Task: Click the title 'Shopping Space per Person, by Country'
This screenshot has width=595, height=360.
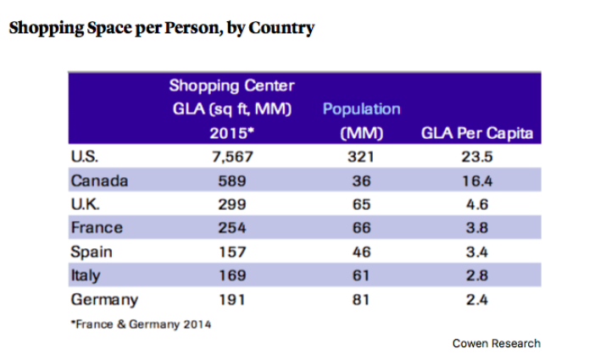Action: (x=161, y=28)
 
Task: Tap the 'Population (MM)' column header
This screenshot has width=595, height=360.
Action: (x=362, y=121)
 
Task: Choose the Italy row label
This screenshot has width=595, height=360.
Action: (x=86, y=275)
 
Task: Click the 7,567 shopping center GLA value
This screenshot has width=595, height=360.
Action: (x=231, y=156)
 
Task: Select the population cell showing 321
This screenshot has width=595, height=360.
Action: (x=362, y=156)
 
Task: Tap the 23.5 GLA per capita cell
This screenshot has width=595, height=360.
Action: (x=480, y=156)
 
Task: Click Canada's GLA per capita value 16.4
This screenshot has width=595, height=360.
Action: (x=480, y=180)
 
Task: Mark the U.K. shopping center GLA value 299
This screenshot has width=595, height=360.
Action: (x=231, y=203)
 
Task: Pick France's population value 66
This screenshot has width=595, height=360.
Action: (x=362, y=227)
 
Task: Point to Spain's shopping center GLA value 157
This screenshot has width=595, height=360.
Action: (x=231, y=252)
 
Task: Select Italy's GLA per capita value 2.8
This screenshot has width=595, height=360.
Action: (x=480, y=275)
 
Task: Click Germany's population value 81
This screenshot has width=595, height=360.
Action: (x=362, y=299)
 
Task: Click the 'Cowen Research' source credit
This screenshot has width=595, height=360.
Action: (x=496, y=343)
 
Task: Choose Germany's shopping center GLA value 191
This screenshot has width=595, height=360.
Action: (x=231, y=299)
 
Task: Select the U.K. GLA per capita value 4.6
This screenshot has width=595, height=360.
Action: (x=480, y=203)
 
